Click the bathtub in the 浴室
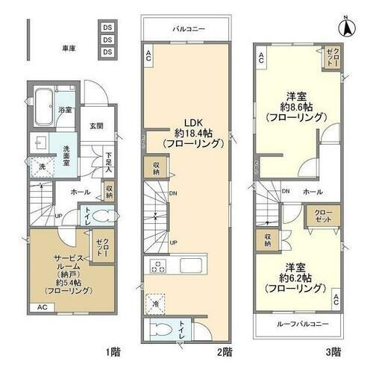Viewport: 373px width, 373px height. click(43, 101)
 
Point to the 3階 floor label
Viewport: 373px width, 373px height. click(332, 351)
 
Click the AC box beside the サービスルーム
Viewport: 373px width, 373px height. click(43, 307)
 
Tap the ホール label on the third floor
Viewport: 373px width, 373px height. click(313, 191)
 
